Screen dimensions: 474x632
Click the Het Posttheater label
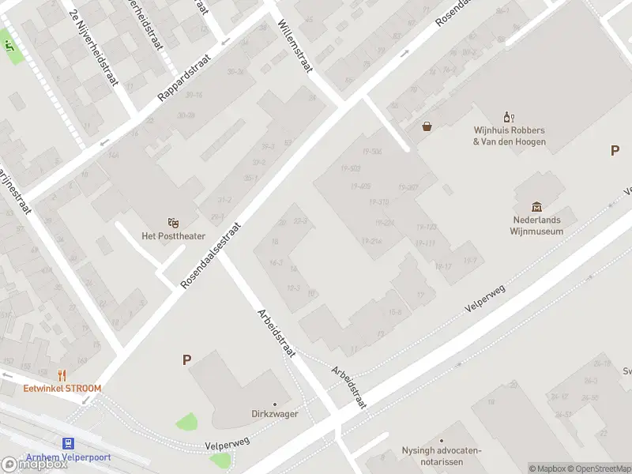(x=172, y=236)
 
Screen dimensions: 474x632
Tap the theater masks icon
(x=172, y=223)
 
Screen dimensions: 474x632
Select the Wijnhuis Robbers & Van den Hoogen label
(x=510, y=136)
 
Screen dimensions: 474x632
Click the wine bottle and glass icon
(x=509, y=118)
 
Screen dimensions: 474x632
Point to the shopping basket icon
(x=427, y=126)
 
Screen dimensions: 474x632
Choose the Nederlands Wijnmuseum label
(x=536, y=226)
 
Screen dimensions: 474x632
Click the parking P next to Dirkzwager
(x=187, y=360)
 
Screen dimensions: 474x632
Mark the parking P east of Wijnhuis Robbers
(x=615, y=151)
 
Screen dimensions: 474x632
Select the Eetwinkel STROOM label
(x=62, y=388)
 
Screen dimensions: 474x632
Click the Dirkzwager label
(x=273, y=412)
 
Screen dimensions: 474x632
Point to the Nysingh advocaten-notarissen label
(x=441, y=455)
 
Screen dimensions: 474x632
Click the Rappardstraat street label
(x=183, y=78)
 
